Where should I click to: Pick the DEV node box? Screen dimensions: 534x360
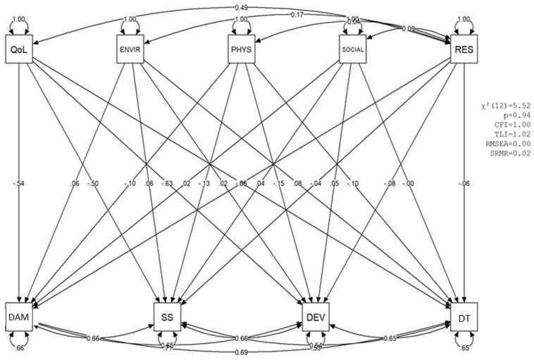click(314, 311)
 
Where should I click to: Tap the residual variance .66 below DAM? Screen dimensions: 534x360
click(18, 347)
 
